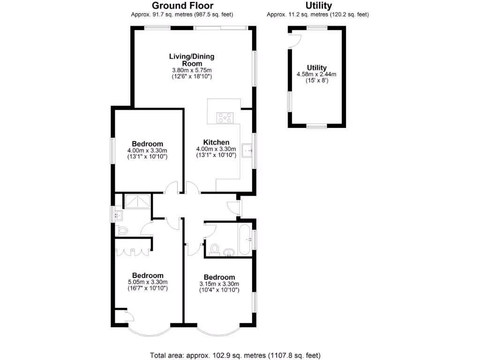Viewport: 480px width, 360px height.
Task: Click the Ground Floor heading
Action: (182, 6)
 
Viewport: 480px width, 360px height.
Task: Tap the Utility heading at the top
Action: (318, 6)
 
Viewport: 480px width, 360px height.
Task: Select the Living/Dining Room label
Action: (192, 60)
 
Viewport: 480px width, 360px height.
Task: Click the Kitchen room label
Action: (216, 142)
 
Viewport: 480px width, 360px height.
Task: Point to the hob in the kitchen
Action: (224, 118)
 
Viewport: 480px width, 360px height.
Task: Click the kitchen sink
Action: (247, 150)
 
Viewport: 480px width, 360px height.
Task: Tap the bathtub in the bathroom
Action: (245, 240)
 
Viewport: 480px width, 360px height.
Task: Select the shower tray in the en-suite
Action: (137, 202)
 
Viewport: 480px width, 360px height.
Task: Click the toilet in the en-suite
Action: (122, 231)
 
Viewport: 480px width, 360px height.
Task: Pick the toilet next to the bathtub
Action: (215, 248)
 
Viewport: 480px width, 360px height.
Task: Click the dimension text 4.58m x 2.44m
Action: (316, 74)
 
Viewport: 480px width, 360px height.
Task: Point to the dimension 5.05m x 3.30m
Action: (147, 282)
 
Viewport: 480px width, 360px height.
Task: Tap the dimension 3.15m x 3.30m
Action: (219, 284)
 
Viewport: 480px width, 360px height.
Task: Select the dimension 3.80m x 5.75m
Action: (192, 70)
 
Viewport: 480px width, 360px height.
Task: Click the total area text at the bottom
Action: (235, 355)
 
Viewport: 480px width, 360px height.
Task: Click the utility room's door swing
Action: (294, 41)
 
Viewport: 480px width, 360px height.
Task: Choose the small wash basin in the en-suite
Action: (119, 216)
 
